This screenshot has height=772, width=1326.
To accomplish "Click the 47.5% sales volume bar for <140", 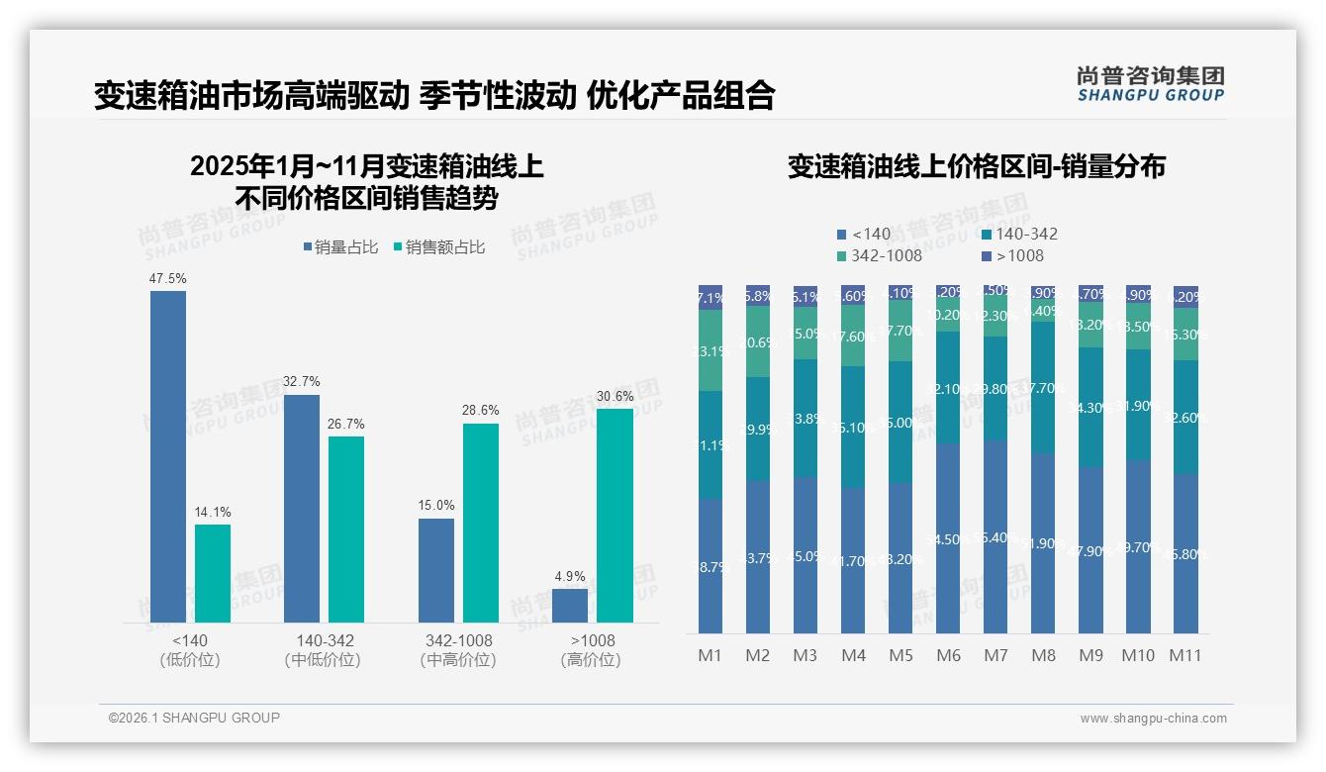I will [x=168, y=456].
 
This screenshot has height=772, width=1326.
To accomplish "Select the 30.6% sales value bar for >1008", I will [x=615, y=515].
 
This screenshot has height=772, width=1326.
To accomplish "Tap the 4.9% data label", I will [x=570, y=577].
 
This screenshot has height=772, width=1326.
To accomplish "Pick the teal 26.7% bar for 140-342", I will [x=346, y=530].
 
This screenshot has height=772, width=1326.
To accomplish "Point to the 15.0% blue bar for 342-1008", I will [x=436, y=570].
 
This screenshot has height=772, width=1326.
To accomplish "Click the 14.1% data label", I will [x=213, y=513].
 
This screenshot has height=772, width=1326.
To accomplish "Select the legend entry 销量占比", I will [x=340, y=247].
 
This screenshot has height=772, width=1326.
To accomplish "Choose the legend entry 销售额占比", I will [x=438, y=247].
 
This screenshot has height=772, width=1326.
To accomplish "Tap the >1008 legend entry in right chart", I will [x=1014, y=256].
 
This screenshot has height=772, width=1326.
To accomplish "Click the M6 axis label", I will [x=948, y=655].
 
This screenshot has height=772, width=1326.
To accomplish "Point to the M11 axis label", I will [x=1185, y=655].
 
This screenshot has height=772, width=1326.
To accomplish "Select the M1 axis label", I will [x=710, y=655].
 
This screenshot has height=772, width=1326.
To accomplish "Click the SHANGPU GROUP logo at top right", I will [x=1150, y=84].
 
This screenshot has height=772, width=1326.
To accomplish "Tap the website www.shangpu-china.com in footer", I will [x=1153, y=719].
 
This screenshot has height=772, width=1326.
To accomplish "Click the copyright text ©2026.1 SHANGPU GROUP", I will [x=194, y=718].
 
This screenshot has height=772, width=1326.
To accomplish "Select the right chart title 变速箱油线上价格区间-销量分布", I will [x=976, y=166].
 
